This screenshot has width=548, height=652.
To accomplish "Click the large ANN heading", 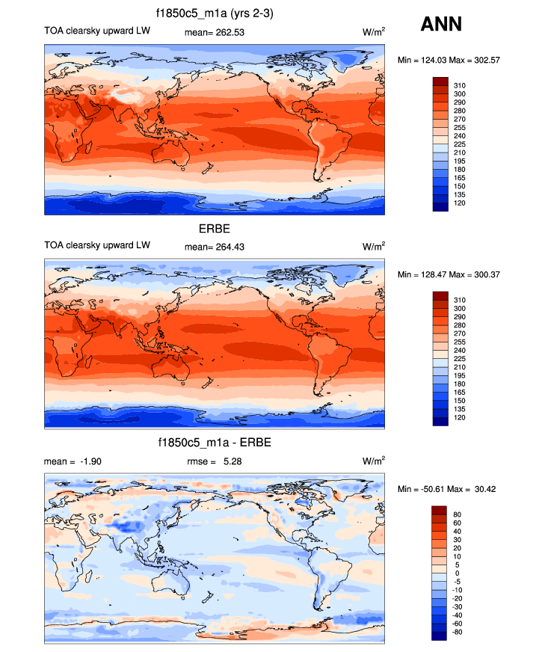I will (x=441, y=24).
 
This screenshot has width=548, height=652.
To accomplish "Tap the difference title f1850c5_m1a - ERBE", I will (x=215, y=443).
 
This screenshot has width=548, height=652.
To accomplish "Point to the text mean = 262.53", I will (x=215, y=32).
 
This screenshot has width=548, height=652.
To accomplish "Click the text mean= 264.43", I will (x=215, y=246).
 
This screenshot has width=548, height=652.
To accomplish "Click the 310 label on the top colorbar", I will (x=461, y=86).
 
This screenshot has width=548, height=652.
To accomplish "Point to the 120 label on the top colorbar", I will (x=461, y=203).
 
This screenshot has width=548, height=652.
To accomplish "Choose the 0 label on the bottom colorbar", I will (x=456, y=573).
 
